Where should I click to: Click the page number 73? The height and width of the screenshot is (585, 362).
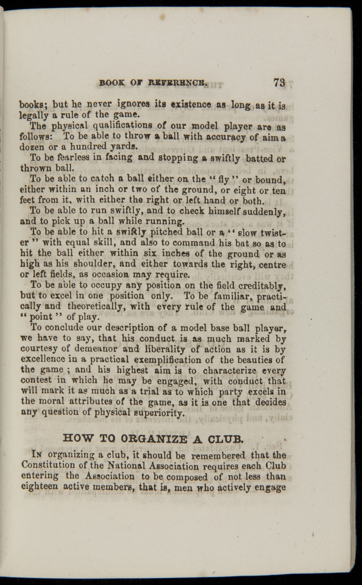(x=279, y=83)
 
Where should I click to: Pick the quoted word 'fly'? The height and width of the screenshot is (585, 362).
(x=224, y=179)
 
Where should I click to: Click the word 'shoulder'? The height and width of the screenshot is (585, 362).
(x=90, y=264)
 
